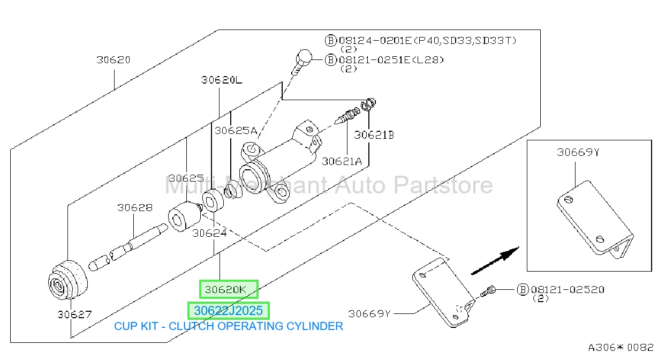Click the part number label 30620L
pyautogui.click(x=222, y=80)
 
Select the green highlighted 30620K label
pyautogui.click(x=229, y=289)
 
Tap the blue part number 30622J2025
pyautogui.click(x=228, y=311)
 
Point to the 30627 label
pyautogui.click(x=74, y=314)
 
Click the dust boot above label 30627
pyautogui.click(x=68, y=280)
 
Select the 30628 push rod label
pyautogui.click(x=135, y=207)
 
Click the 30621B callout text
pyautogui.click(x=374, y=135)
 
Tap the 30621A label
pyautogui.click(x=342, y=161)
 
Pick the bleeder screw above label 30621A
pyautogui.click(x=347, y=116)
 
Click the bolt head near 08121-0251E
pyautogui.click(x=304, y=57)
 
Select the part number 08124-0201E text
pyautogui.click(x=375, y=40)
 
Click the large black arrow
pyautogui.click(x=495, y=261)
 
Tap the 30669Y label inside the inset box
pyautogui.click(x=578, y=152)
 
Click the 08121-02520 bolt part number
pyautogui.click(x=568, y=290)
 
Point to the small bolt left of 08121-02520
pyautogui.click(x=488, y=291)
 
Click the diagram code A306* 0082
pyautogui.click(x=621, y=348)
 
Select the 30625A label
pyautogui.click(x=236, y=131)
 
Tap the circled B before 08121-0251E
pyautogui.click(x=330, y=60)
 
